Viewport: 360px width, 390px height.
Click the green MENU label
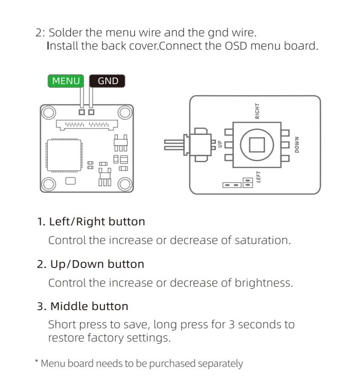[66, 81]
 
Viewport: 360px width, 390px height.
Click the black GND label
[108, 81]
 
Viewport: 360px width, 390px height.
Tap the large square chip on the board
[65, 155]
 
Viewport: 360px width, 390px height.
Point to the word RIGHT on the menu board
[258, 111]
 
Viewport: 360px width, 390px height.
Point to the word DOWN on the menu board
[297, 145]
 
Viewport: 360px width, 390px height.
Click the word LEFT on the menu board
[259, 177]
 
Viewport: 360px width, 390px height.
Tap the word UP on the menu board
[220, 144]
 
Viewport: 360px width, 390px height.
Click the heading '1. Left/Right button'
[91, 222]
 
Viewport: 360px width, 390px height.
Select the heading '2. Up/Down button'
[91, 264]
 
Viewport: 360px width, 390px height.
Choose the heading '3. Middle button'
[83, 306]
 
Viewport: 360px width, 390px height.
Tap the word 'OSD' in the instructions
[236, 46]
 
